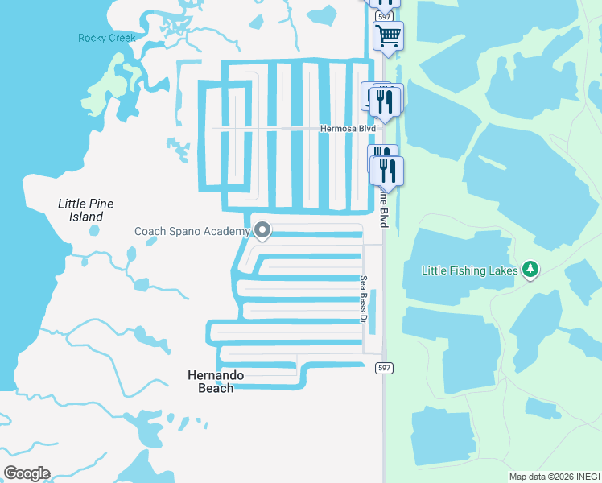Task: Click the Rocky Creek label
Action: point(107,38)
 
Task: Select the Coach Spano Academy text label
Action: point(192,232)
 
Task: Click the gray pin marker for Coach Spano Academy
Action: point(262,232)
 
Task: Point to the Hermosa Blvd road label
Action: point(348,128)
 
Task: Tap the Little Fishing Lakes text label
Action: point(470,270)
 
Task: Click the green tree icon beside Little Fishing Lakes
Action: point(530,269)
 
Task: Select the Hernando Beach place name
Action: point(216,382)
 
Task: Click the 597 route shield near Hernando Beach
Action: point(385,368)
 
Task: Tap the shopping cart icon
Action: point(388,35)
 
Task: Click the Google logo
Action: point(27,473)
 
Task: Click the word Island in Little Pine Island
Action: point(86,217)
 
